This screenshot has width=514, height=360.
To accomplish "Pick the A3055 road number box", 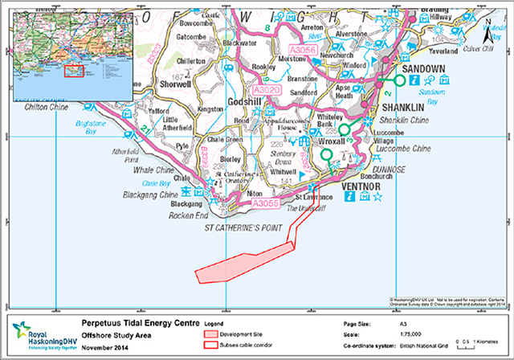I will (265, 205).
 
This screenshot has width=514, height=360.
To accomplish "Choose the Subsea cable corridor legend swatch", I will (211, 344).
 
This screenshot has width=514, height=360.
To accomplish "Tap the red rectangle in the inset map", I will (74, 71).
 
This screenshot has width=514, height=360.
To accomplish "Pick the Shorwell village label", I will (176, 81).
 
